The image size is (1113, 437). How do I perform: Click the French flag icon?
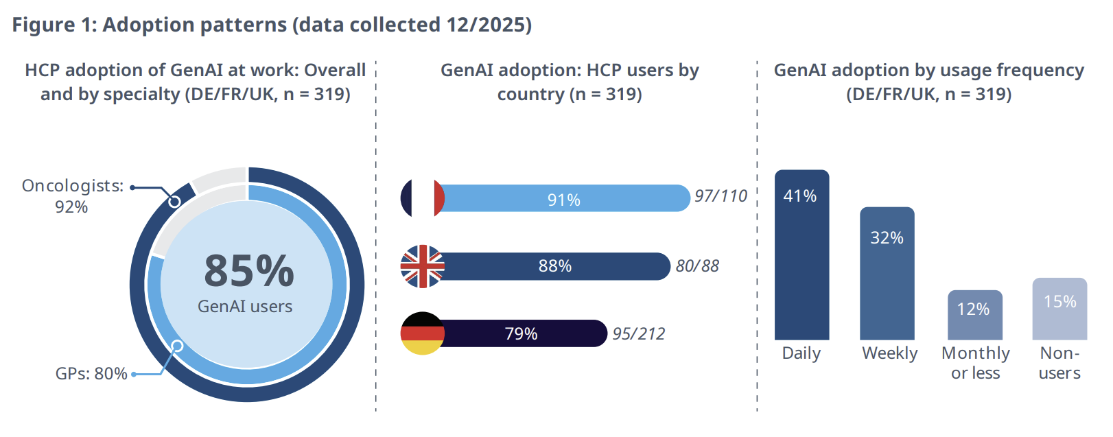422,198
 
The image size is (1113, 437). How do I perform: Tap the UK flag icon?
422,266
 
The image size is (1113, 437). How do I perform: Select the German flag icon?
422,333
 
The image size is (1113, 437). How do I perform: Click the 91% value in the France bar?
563,200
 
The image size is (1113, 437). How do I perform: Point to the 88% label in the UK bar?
554,266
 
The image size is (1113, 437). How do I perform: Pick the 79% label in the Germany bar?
521,334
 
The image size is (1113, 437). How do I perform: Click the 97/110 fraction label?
720,196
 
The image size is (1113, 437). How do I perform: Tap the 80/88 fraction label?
697,266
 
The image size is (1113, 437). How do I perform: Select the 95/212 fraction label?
638,334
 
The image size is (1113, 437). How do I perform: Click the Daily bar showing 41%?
801,261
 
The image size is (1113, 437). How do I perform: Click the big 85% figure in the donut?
249,271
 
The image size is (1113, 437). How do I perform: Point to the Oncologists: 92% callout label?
72,196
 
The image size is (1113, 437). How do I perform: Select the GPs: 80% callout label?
91,374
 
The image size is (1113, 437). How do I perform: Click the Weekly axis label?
889,353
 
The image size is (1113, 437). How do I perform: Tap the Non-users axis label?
1059,363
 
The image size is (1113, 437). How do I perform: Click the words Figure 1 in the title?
53,25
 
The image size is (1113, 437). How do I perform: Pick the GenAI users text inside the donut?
245,307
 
